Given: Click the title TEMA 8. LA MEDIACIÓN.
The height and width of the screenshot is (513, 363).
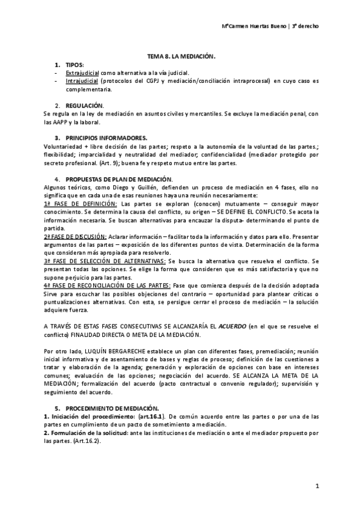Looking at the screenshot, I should coord(181,56).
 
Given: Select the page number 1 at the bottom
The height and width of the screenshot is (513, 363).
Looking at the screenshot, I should coord(316,486).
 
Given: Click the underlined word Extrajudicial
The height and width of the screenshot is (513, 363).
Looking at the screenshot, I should coord(82,72).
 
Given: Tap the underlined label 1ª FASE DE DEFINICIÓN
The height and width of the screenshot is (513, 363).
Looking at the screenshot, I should coord(71,204).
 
